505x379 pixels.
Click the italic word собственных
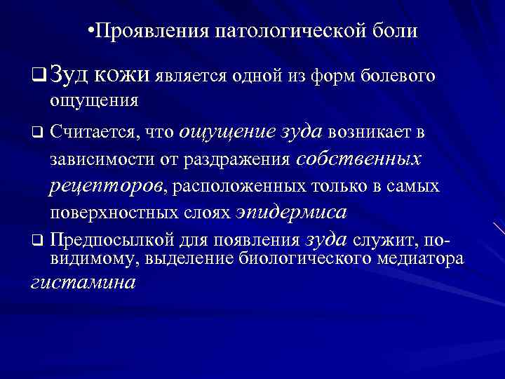[x=358, y=159]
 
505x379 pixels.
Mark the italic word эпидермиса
[x=292, y=211]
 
